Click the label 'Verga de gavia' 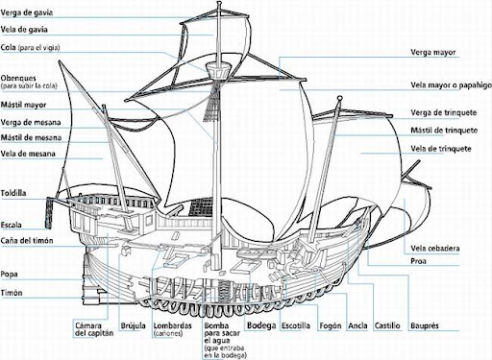point(27,12)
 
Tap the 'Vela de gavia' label point(24,30)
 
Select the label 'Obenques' point(18,78)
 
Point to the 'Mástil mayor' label point(23,105)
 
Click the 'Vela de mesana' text point(28,154)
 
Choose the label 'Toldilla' point(13,193)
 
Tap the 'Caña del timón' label point(27,241)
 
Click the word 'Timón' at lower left point(12,293)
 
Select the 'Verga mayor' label point(433,53)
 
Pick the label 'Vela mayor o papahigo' point(451,85)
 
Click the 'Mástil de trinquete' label point(444,131)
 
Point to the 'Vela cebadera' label point(435,249)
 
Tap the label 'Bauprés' point(425,326)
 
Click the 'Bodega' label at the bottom point(261,325)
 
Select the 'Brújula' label point(133,326)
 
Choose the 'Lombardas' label point(172,325)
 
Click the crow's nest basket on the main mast point(218,70)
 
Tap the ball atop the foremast point(340,98)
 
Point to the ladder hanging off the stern point(49,213)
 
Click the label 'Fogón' point(331,326)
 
